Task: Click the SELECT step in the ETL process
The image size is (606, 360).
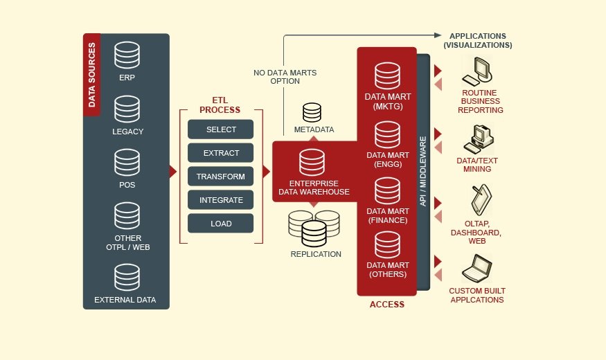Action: pos(220,129)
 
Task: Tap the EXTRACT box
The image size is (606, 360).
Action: pos(220,153)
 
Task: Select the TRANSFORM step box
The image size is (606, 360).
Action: pos(220,177)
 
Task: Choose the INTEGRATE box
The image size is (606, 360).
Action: pos(220,200)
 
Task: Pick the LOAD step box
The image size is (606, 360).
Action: pos(220,224)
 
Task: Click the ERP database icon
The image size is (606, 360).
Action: pos(127,55)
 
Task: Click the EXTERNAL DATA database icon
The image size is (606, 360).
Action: pos(127,278)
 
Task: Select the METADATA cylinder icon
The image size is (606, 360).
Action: pos(312,113)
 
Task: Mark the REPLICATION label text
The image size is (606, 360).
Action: pos(316,254)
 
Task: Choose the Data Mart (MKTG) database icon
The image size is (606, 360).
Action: pos(387,75)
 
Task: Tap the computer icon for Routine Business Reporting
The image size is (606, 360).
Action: pos(479,71)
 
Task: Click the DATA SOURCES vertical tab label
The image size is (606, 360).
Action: pos(92,75)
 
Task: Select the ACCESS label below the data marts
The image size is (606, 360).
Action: pos(386,304)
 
